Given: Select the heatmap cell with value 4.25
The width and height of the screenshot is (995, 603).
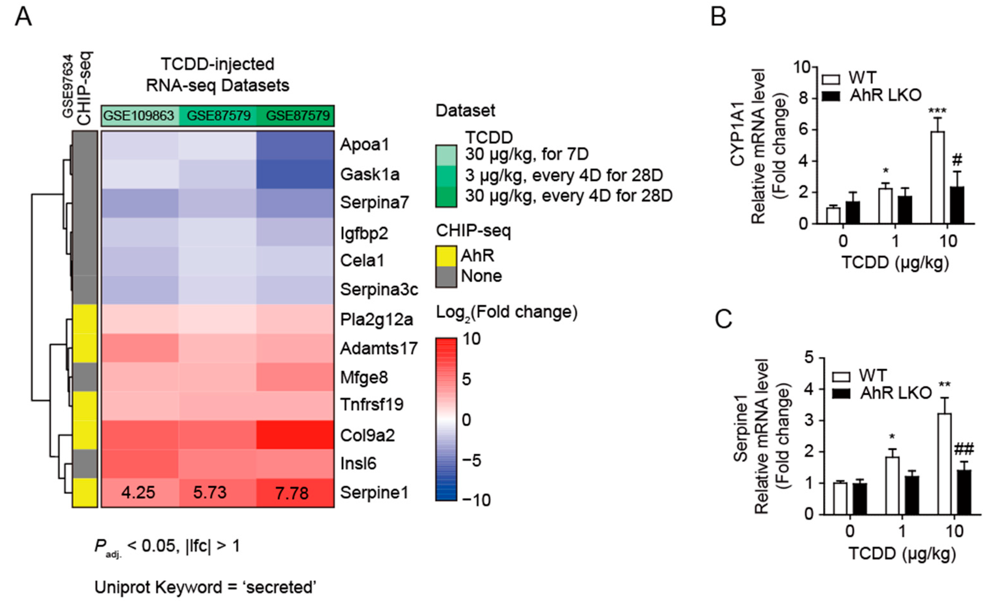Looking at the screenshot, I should tap(138, 493).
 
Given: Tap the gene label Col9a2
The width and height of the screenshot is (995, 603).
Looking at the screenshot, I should tap(367, 435).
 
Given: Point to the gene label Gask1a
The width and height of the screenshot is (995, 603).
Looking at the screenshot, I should tap(369, 174).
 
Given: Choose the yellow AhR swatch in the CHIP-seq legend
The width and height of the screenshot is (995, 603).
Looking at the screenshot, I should tap(446, 256).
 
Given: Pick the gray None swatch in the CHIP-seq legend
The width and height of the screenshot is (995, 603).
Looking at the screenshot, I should tap(446, 276).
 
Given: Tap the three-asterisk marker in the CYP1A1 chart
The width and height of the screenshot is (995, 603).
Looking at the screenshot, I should tap(937, 111).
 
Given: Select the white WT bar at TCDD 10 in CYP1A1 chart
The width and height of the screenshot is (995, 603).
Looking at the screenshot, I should tap(937, 178).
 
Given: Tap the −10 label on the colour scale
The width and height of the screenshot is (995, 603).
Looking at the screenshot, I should tap(476, 500).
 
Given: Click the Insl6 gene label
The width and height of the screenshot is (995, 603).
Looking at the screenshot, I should tap(358, 463).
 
